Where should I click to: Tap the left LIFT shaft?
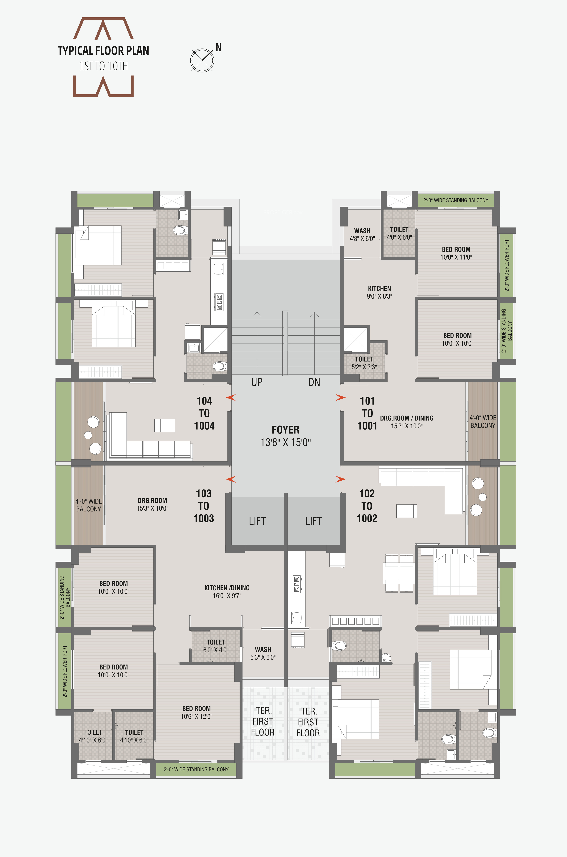pyautogui.click(x=257, y=521)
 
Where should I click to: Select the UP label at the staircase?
pyautogui.click(x=257, y=382)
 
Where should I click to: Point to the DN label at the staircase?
pyautogui.click(x=314, y=382)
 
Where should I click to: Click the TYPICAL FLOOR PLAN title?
pyautogui.click(x=103, y=51)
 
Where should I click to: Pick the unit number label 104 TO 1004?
pyautogui.click(x=204, y=413)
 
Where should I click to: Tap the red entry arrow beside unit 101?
pyautogui.click(x=340, y=398)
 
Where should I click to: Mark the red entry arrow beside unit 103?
pyautogui.click(x=231, y=479)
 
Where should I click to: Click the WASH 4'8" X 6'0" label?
pyautogui.click(x=362, y=235)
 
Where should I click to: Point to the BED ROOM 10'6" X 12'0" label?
pyautogui.click(x=196, y=712)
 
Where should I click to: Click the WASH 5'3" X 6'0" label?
pyautogui.click(x=263, y=653)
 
